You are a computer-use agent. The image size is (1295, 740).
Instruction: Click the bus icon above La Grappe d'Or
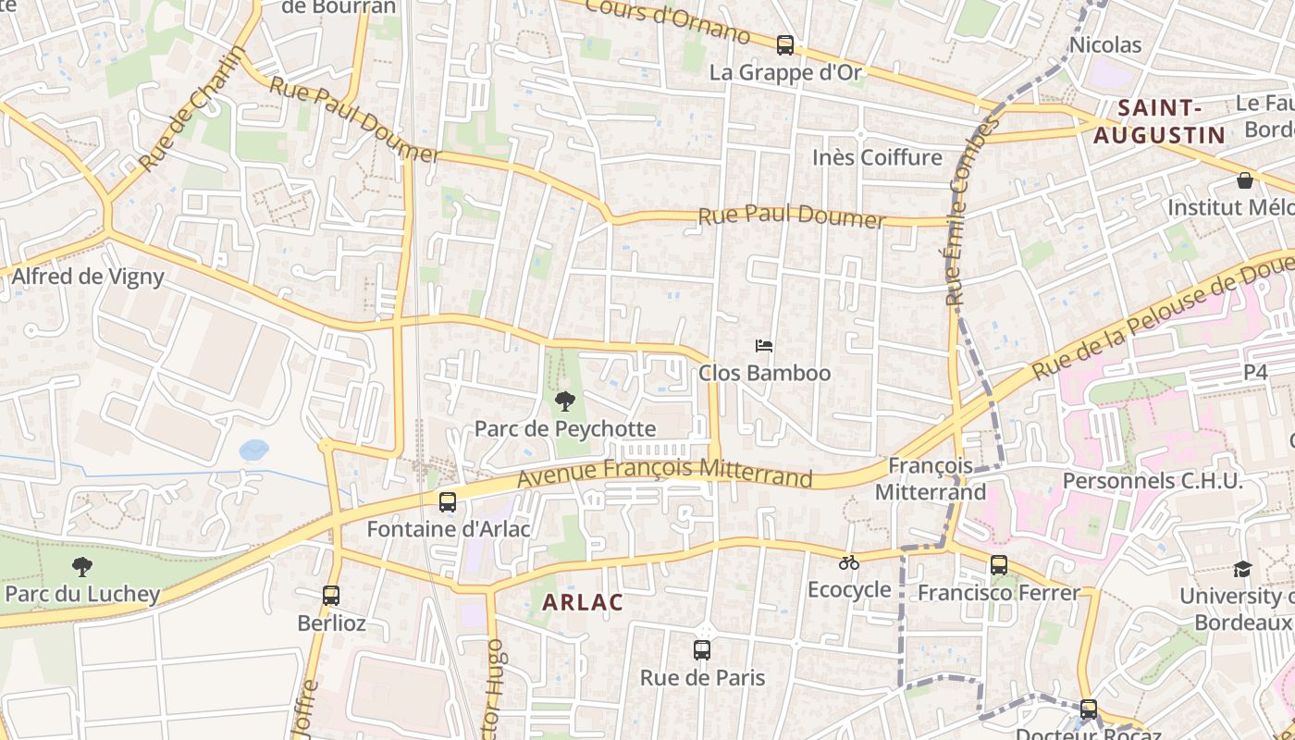(785, 43)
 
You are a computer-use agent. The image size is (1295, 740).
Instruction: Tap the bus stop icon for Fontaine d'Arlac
(448, 502)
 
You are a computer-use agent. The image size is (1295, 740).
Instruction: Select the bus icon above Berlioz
(331, 596)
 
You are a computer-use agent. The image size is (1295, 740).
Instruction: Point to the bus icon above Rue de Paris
(702, 650)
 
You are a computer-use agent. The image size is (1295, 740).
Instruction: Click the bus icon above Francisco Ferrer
(999, 565)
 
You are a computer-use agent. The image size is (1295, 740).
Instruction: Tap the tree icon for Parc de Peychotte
(564, 401)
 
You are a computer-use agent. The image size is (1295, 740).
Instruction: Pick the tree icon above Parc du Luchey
(82, 567)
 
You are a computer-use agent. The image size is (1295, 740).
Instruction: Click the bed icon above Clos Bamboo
(764, 346)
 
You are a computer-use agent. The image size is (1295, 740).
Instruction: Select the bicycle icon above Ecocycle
(849, 562)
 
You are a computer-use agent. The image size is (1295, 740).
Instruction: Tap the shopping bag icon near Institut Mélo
(1245, 180)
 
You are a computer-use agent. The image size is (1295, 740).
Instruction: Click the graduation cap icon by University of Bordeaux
(1242, 569)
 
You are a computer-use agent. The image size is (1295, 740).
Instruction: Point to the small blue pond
(253, 450)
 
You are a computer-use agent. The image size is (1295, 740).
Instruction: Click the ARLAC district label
(583, 602)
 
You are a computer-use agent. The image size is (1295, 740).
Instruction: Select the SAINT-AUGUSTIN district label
(1159, 121)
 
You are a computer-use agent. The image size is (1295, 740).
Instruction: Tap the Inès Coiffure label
(877, 157)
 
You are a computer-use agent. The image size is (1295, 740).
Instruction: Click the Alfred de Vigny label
(88, 276)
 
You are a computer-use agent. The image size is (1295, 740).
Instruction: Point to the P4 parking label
(1255, 372)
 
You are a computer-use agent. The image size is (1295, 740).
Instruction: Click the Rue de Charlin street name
(191, 109)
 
